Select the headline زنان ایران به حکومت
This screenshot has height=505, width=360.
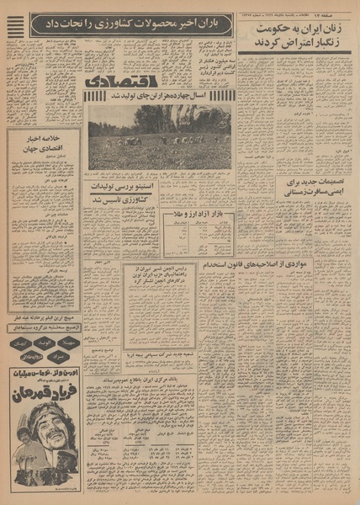(x=294, y=35)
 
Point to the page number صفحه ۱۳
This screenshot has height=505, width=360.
(x=338, y=7)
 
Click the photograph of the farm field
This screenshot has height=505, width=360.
(x=159, y=136)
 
